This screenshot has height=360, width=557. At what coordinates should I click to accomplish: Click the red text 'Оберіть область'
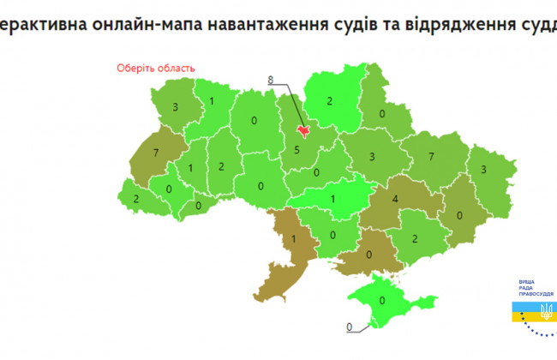point(155,69)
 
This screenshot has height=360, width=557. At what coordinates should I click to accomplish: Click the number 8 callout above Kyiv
point(271,80)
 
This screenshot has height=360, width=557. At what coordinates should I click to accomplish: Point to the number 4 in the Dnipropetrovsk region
point(394,200)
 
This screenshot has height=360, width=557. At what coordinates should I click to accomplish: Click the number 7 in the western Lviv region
point(156,152)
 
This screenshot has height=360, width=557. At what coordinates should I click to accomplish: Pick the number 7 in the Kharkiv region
point(431,157)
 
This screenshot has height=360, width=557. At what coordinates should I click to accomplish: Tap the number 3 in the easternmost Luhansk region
point(484,170)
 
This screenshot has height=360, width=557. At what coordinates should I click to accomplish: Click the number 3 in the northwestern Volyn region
point(175,108)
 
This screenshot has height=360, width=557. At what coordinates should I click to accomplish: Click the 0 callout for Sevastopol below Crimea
point(350,327)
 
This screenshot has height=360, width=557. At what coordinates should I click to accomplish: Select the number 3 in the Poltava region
point(372,157)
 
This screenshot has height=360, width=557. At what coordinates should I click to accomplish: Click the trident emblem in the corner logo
point(546,308)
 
